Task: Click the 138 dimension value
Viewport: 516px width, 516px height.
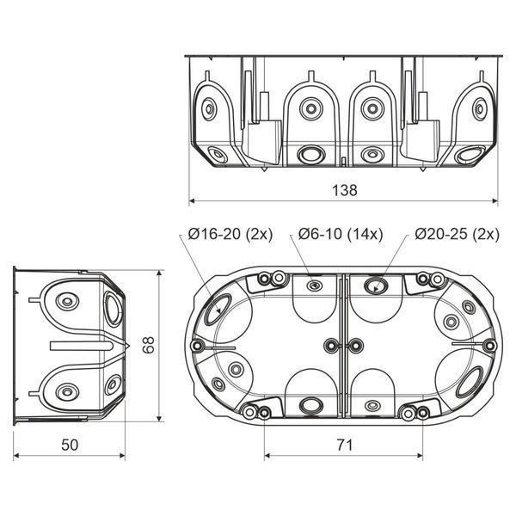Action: [345, 190]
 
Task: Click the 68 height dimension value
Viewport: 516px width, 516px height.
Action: [150, 345]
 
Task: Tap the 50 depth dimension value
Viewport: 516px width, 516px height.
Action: [70, 445]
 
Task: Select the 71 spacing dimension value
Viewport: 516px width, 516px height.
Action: [345, 445]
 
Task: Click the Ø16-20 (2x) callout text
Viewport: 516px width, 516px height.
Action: [230, 234]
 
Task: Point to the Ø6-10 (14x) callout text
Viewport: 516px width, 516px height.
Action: [341, 234]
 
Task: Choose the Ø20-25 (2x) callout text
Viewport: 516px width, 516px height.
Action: [458, 234]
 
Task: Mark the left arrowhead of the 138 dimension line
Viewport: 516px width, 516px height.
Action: [193, 200]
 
